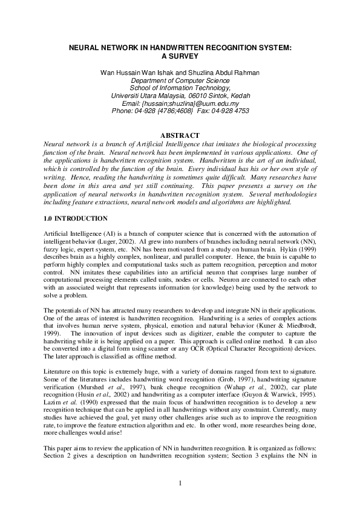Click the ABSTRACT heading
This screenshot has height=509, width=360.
tap(180, 135)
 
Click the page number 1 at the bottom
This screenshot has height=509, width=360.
tap(180, 482)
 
